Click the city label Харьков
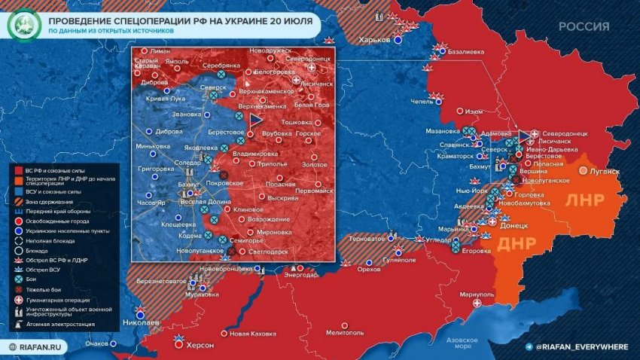point(374,39)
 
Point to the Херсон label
point(200,346)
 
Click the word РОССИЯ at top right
point(584,27)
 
